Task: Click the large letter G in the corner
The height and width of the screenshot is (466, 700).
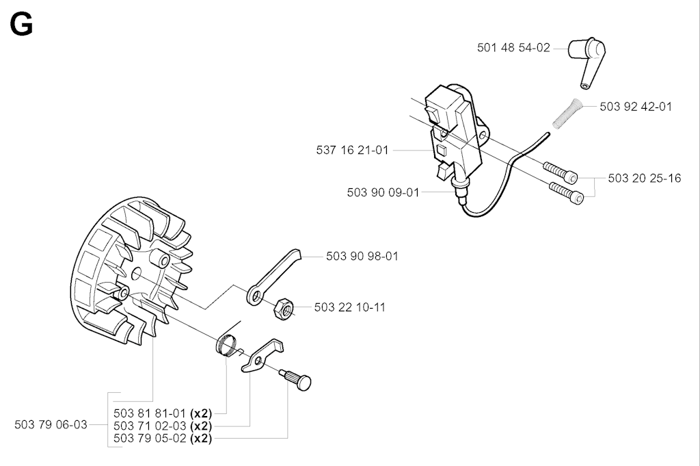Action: [21, 25]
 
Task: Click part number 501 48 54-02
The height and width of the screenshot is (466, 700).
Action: [513, 48]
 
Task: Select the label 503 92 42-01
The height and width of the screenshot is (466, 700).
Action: [636, 106]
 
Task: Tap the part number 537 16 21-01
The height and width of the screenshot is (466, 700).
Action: [353, 151]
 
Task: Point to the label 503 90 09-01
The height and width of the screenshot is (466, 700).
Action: [383, 192]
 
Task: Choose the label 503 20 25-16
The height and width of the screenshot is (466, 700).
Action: [645, 179]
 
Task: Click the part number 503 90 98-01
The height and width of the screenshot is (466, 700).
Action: [362, 257]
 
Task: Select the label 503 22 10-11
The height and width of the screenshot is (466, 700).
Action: [350, 307]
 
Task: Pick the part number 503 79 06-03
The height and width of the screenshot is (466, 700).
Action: [51, 424]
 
